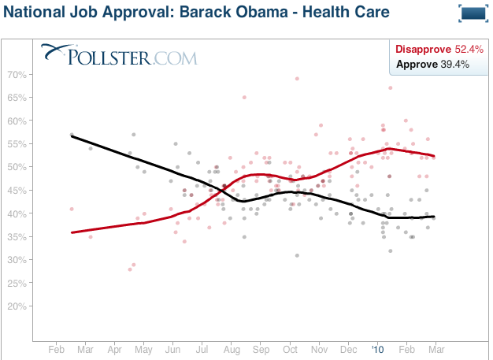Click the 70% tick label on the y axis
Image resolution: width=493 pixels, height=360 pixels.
[x=17, y=75]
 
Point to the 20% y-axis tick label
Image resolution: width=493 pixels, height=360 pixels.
[x=17, y=306]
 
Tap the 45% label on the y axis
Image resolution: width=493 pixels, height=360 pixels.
[x=17, y=191]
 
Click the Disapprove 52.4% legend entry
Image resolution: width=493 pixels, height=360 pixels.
[x=432, y=50]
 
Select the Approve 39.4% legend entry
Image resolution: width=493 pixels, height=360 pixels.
[x=432, y=64]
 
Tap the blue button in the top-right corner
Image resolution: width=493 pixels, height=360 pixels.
[x=472, y=13]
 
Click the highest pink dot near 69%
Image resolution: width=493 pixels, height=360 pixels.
[x=297, y=79]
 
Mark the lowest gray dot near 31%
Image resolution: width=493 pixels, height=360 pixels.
[x=297, y=255]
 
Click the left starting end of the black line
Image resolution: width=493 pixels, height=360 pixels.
[x=72, y=135]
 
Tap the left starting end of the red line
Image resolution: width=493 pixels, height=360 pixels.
[x=72, y=232]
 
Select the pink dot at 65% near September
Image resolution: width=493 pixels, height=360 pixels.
[x=244, y=97]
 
